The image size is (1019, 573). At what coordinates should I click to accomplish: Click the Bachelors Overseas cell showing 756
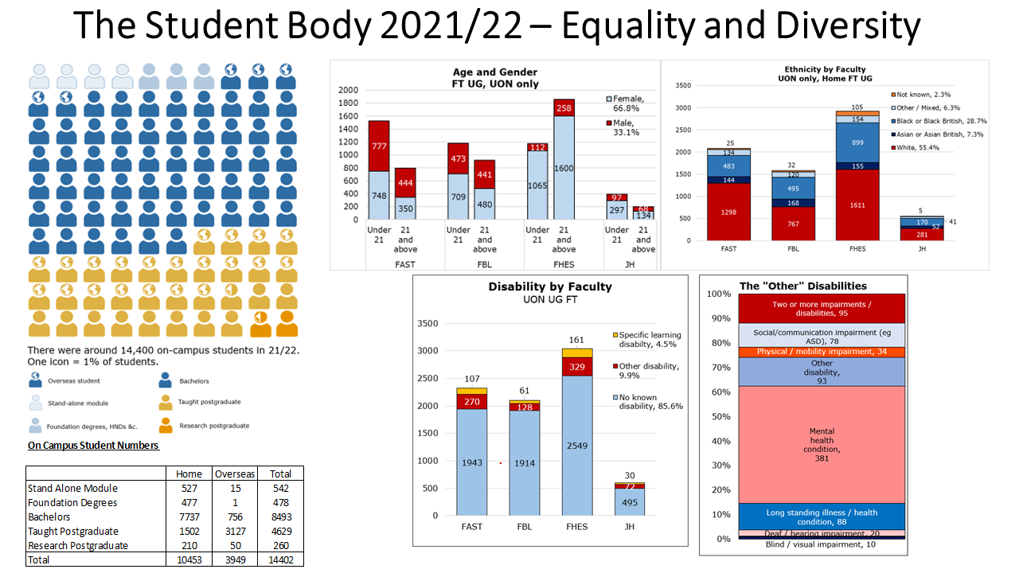pos(234,516)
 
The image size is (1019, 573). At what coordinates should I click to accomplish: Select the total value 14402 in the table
pos(280,559)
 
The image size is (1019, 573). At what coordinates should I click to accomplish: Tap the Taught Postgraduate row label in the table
pos(73,531)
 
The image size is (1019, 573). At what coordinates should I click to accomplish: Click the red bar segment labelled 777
pos(379,146)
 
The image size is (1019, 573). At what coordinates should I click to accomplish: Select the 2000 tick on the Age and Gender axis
pos(349,90)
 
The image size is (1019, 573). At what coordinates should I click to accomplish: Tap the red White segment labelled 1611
pos(857,205)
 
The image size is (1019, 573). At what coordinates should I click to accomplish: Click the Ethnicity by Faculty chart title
pos(821,74)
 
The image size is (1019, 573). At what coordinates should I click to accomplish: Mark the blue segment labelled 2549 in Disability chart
pos(576,445)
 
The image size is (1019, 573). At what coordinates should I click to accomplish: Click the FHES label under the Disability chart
pos(576,527)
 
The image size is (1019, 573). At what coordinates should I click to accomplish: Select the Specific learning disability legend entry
pos(649,340)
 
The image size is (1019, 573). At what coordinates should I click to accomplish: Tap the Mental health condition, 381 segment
pos(822,444)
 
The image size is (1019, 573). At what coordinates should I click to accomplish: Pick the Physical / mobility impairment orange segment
pos(822,352)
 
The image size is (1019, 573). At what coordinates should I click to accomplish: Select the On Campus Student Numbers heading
pos(93,446)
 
